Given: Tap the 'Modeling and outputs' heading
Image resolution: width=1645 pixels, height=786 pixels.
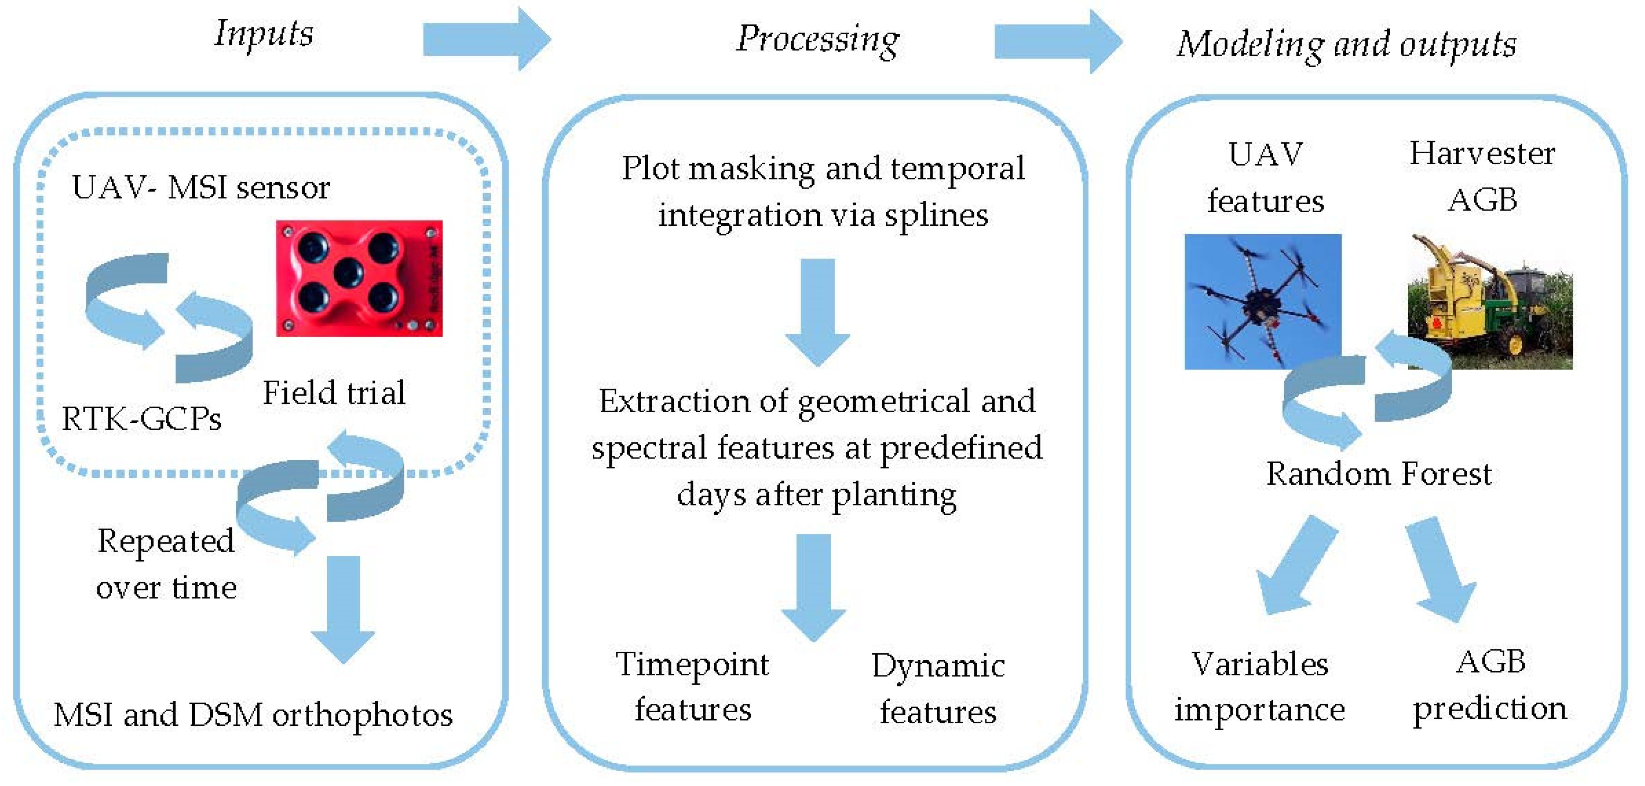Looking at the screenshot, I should click(x=1346, y=45).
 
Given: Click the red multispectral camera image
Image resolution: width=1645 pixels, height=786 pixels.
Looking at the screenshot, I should click(x=359, y=279).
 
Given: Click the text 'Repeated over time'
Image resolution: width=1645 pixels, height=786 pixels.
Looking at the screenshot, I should click(x=166, y=564).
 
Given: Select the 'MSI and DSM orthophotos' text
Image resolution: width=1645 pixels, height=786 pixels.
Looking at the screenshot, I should click(x=253, y=715).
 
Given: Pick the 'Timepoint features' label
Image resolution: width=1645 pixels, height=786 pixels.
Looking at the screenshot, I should click(x=693, y=686).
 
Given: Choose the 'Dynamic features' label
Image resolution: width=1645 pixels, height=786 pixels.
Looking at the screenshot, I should click(x=938, y=688).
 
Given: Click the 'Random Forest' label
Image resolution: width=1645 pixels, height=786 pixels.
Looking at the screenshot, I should click(x=1379, y=474).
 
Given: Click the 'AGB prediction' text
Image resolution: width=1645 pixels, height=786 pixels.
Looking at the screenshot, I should click(x=1490, y=685).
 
